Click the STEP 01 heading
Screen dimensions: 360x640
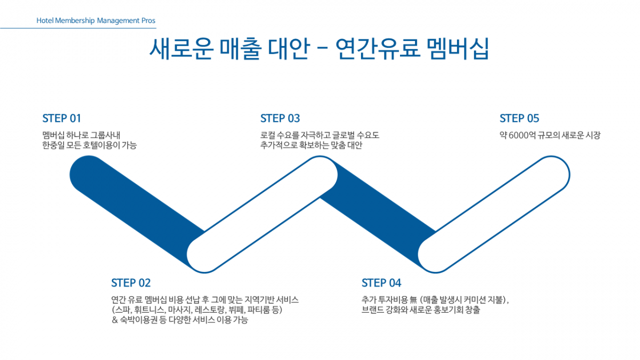(x=61, y=118)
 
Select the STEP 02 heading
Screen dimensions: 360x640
(x=131, y=283)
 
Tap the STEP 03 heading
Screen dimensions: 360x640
(x=280, y=118)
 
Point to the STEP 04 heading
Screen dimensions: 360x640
(x=381, y=283)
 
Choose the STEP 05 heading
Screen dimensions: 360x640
(x=519, y=118)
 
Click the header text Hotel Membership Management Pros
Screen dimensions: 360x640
(x=96, y=21)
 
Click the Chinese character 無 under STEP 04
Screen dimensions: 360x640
(x=415, y=300)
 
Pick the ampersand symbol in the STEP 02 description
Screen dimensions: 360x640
(x=115, y=321)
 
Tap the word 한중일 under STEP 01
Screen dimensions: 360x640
(x=52, y=145)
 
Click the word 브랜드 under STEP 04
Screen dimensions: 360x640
(x=372, y=310)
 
